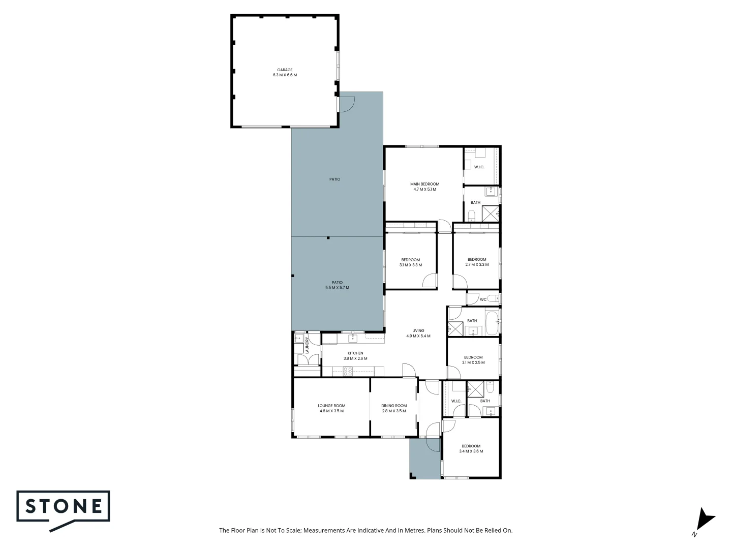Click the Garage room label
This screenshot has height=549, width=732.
[285, 72]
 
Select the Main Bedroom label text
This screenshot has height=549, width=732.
[424, 187]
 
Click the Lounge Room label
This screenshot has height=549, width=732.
[331, 408]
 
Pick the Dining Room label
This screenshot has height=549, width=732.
[394, 408]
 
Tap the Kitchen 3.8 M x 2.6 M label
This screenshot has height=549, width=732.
[355, 356]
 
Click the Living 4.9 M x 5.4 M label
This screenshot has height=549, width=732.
[418, 333]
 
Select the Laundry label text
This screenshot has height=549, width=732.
[307, 346]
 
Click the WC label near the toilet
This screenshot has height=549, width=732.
[483, 299]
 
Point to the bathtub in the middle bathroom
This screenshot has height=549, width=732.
[492, 324]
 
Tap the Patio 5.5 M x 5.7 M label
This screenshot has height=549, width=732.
[337, 285]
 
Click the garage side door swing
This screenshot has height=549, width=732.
[347, 104]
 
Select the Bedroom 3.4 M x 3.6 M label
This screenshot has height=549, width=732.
[471, 448]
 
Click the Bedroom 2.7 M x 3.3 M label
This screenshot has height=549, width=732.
[477, 262]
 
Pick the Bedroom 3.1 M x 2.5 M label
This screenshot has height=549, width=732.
[473, 360]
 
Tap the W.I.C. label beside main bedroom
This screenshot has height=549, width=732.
[479, 167]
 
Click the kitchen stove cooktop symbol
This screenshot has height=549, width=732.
[348, 372]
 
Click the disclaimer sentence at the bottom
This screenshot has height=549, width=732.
[365, 530]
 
